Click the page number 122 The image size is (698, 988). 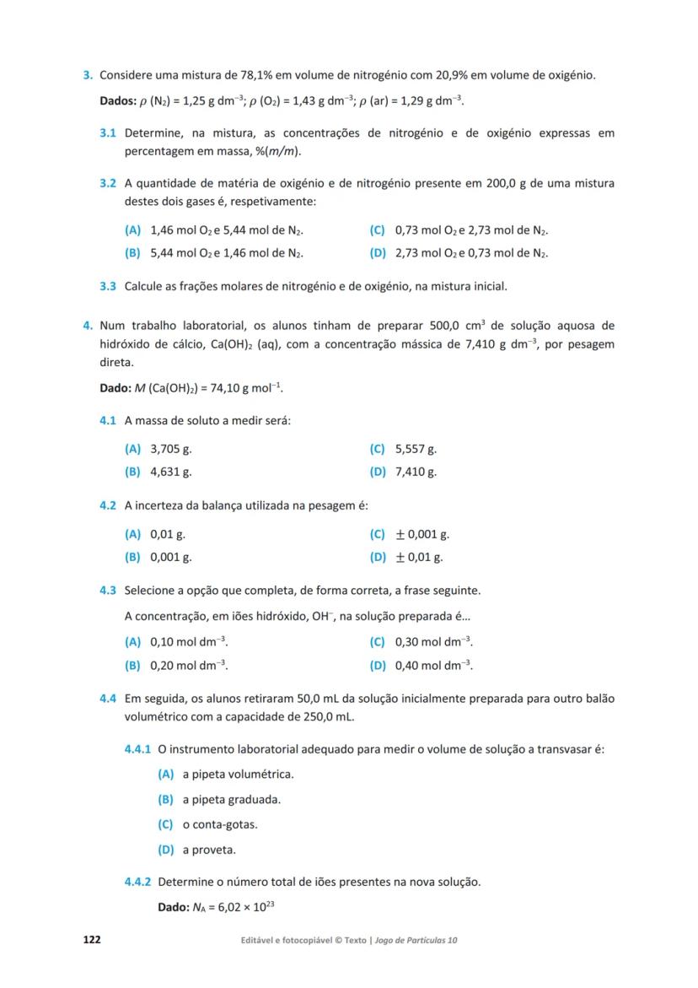point(91,939)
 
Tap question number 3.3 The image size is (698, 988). point(108,286)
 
